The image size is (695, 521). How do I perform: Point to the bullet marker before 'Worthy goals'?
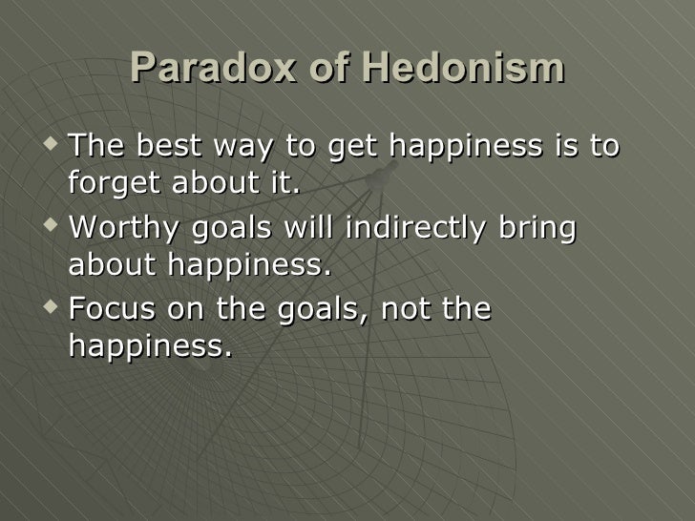coord(51,228)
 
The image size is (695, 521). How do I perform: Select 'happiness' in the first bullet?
coord(465,149)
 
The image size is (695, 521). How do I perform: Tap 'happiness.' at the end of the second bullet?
coord(249,264)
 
